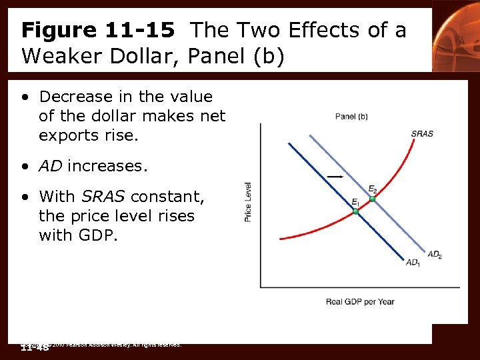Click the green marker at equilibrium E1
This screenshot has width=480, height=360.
pyautogui.click(x=355, y=211)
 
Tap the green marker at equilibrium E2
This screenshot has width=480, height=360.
pyautogui.click(x=373, y=199)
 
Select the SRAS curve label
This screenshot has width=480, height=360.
pyautogui.click(x=422, y=133)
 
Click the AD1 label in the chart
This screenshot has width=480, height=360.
pyautogui.click(x=413, y=263)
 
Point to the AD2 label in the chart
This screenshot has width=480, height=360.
pyautogui.click(x=435, y=255)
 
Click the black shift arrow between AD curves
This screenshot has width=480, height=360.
pyautogui.click(x=335, y=176)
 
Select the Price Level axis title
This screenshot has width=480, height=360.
pyautogui.click(x=248, y=202)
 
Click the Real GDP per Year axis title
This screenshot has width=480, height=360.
pyautogui.click(x=360, y=301)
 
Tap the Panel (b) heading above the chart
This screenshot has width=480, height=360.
pyautogui.click(x=351, y=117)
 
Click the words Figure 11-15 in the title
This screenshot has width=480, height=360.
pyautogui.click(x=97, y=30)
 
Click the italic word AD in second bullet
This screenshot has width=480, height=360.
pyautogui.click(x=51, y=166)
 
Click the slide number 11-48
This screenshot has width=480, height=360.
pyautogui.click(x=35, y=347)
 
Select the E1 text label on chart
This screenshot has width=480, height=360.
pyautogui.click(x=355, y=202)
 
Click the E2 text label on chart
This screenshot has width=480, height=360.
pyautogui.click(x=373, y=189)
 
